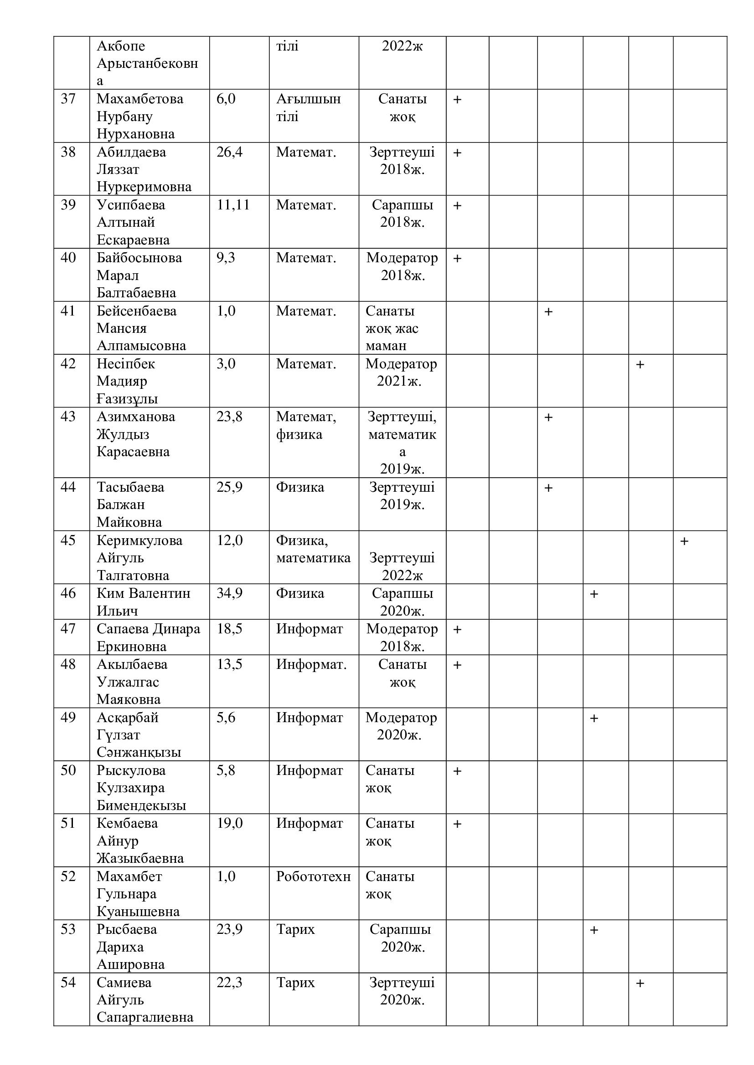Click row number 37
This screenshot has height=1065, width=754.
[x=68, y=99]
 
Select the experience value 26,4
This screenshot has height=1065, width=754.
[x=229, y=152]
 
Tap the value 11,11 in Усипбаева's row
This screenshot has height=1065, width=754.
[x=233, y=204]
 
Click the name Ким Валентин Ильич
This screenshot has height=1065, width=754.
[x=143, y=601]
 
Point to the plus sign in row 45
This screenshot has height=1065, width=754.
[x=684, y=541]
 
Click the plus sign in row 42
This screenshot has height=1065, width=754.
[x=640, y=365]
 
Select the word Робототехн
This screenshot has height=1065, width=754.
[x=313, y=876]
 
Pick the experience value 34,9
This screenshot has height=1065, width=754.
[x=229, y=593]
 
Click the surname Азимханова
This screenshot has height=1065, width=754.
[x=135, y=417]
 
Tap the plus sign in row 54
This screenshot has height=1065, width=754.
[x=640, y=983]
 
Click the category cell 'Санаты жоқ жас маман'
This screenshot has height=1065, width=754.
[x=392, y=328]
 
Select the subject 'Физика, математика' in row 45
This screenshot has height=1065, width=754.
[x=313, y=549]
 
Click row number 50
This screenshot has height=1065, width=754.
[x=68, y=770]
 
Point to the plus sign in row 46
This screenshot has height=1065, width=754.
[x=594, y=594]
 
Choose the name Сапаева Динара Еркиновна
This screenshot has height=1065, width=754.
[x=148, y=637]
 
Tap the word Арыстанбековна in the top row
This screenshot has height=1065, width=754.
[x=147, y=63]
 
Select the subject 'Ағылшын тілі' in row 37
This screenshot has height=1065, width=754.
[x=308, y=107]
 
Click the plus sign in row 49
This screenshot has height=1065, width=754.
[x=594, y=718]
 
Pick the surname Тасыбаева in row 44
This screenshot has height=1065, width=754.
[x=130, y=487]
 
